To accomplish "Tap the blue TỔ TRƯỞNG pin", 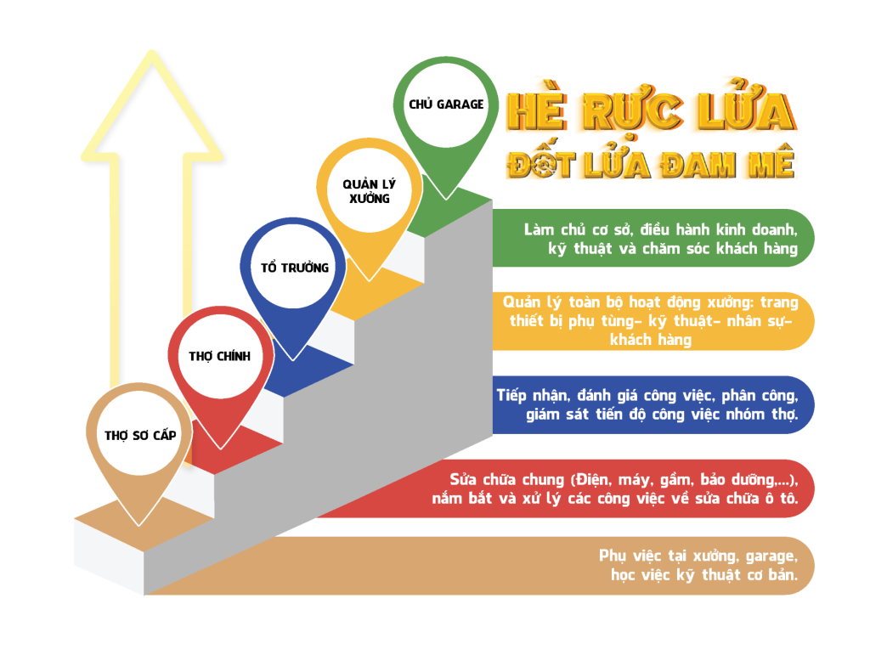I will pos(294,268).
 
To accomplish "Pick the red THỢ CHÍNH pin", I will pos(220,356).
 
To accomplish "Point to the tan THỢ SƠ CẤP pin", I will pos(140,435).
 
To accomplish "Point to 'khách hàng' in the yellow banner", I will pos(650,340).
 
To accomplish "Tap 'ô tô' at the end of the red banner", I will pos(782,499).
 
